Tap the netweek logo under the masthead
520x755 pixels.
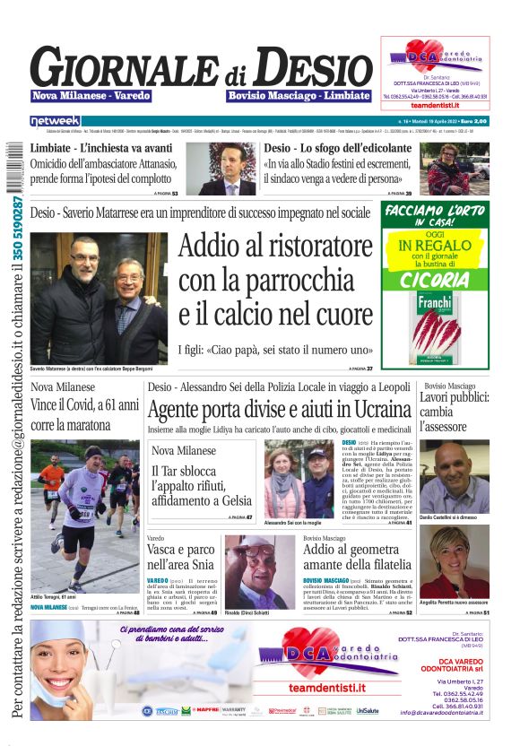(x=55, y=120)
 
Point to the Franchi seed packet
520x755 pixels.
(x=435, y=331)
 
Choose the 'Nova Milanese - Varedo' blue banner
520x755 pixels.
(x=91, y=95)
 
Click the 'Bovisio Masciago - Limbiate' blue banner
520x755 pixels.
(x=299, y=95)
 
